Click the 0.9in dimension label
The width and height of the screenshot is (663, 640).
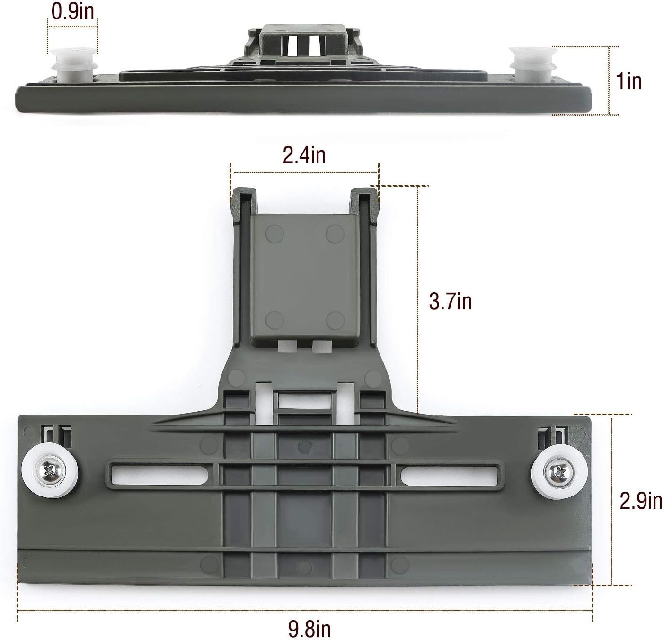pos(73,12)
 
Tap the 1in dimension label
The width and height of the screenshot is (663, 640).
pos(629,81)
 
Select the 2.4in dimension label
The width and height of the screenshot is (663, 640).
pos(304,154)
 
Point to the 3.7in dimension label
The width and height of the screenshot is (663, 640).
pos(450,301)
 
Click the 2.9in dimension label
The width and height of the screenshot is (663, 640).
pos(641,500)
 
